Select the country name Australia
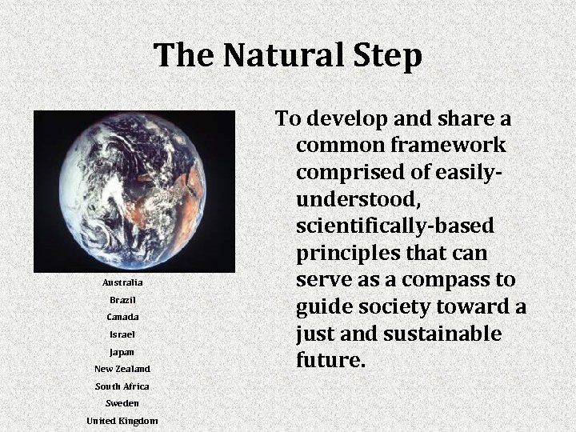(x=122, y=283)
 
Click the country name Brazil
(x=122, y=300)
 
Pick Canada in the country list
(x=122, y=318)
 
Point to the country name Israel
(x=122, y=334)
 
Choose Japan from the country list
(x=122, y=352)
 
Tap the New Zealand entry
(x=122, y=369)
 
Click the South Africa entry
(x=122, y=386)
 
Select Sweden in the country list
(x=122, y=403)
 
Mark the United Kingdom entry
(x=122, y=421)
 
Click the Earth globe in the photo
(x=134, y=190)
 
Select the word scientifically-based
(x=394, y=227)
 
